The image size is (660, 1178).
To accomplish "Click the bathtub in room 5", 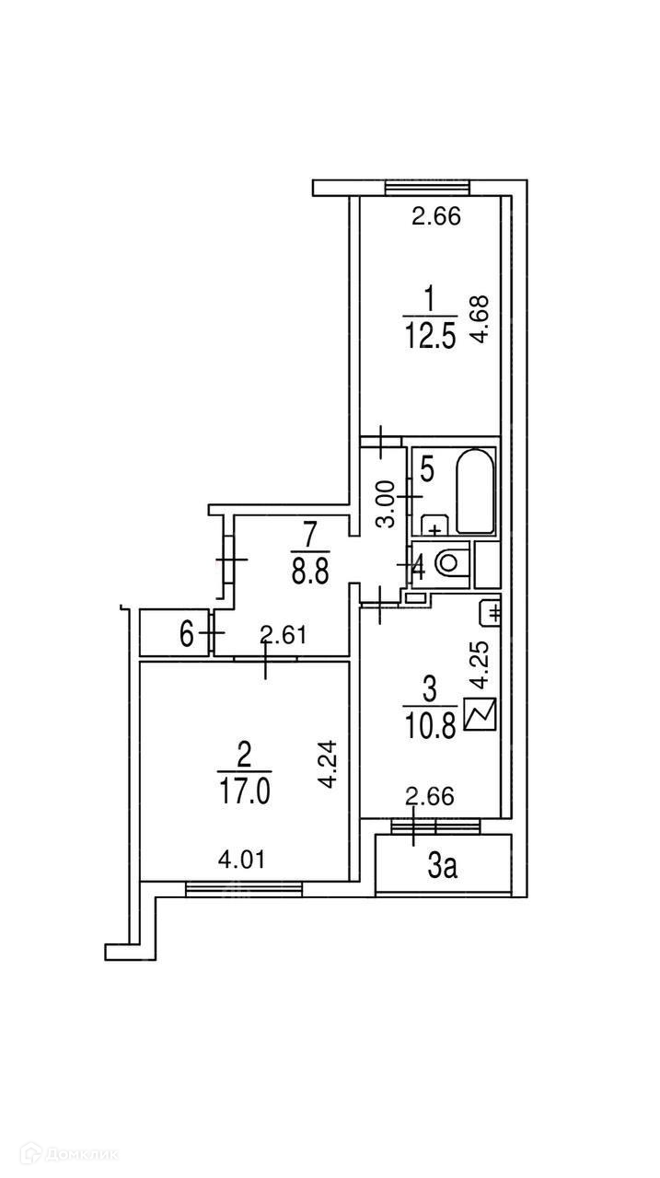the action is click(475, 491).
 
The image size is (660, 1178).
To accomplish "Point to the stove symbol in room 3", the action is click(481, 715).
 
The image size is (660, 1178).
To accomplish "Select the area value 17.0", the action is click(244, 791).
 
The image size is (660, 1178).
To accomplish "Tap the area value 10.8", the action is click(429, 727).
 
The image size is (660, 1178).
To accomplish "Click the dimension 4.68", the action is click(479, 318).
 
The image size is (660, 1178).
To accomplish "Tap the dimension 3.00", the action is click(389, 502).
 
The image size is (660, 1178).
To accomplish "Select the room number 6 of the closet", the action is click(187, 635).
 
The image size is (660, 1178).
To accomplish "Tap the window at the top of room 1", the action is click(427, 188).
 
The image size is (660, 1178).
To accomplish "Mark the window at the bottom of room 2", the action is click(244, 887).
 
